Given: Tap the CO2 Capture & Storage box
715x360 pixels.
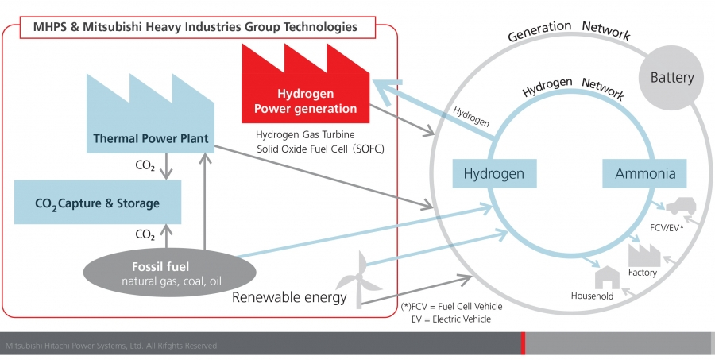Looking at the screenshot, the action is [98, 202].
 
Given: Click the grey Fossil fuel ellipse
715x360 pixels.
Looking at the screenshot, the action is [169, 272].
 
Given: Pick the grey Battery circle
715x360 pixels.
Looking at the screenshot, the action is [671, 78].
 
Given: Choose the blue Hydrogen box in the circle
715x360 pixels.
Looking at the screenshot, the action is [494, 173].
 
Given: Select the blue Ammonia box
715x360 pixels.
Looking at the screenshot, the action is [644, 173].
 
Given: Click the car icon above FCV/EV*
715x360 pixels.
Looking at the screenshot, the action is [681, 206].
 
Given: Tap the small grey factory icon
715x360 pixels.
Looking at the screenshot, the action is [644, 256].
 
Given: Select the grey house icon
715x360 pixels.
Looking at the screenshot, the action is [608, 277].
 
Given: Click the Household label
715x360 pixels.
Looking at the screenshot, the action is [593, 296].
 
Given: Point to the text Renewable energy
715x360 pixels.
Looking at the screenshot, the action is [289, 297].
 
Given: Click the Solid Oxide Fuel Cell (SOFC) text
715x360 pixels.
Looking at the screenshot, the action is [321, 149].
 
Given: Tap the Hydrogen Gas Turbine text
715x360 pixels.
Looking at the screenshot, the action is [305, 135].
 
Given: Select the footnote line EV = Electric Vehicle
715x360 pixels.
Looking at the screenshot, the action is [451, 319].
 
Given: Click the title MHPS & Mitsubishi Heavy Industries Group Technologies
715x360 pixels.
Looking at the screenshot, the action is [195, 27].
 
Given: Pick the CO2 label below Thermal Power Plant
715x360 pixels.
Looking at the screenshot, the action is [145, 165].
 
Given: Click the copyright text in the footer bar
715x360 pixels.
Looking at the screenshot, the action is [112, 346].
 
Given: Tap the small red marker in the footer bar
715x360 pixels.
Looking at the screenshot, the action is [523, 343].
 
